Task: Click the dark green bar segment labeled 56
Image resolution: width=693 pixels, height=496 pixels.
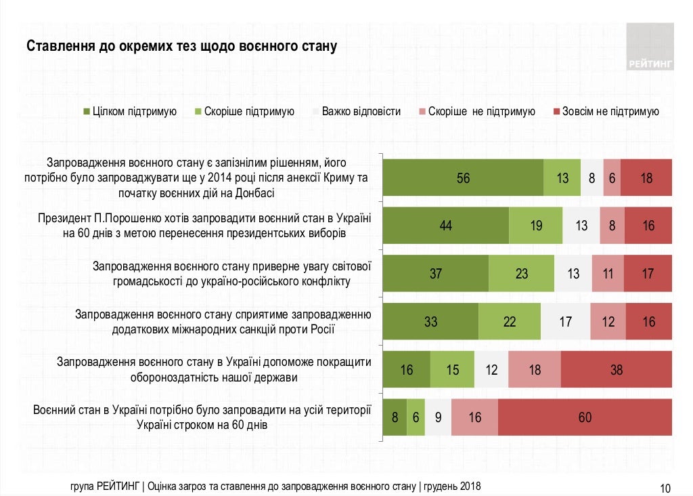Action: [463, 178]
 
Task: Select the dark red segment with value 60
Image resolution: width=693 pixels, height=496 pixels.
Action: [585, 417]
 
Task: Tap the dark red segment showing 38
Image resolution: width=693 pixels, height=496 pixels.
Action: [616, 370]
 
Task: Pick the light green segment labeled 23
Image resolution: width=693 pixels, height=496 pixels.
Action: [521, 274]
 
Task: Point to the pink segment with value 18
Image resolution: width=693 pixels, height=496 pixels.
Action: [534, 370]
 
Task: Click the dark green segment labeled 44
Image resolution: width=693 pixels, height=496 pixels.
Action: [445, 226]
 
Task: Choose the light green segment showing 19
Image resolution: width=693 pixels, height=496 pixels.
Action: [536, 226]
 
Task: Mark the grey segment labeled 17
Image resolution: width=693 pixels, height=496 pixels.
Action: [565, 322]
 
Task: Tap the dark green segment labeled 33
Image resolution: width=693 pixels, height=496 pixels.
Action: [430, 322]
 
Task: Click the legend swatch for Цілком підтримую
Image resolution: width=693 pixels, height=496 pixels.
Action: [87, 112]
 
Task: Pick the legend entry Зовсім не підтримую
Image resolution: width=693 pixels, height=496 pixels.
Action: [610, 112]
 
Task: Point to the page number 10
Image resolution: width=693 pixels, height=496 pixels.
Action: [665, 487]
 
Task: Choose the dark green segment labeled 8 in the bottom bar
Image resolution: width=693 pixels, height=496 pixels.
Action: [395, 417]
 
